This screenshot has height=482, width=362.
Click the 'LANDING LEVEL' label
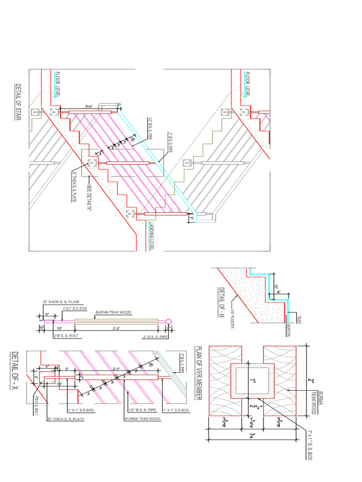tap(152, 235)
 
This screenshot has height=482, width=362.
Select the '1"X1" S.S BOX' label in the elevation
tap(75, 308)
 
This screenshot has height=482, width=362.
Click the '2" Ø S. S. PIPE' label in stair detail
tap(170, 143)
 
